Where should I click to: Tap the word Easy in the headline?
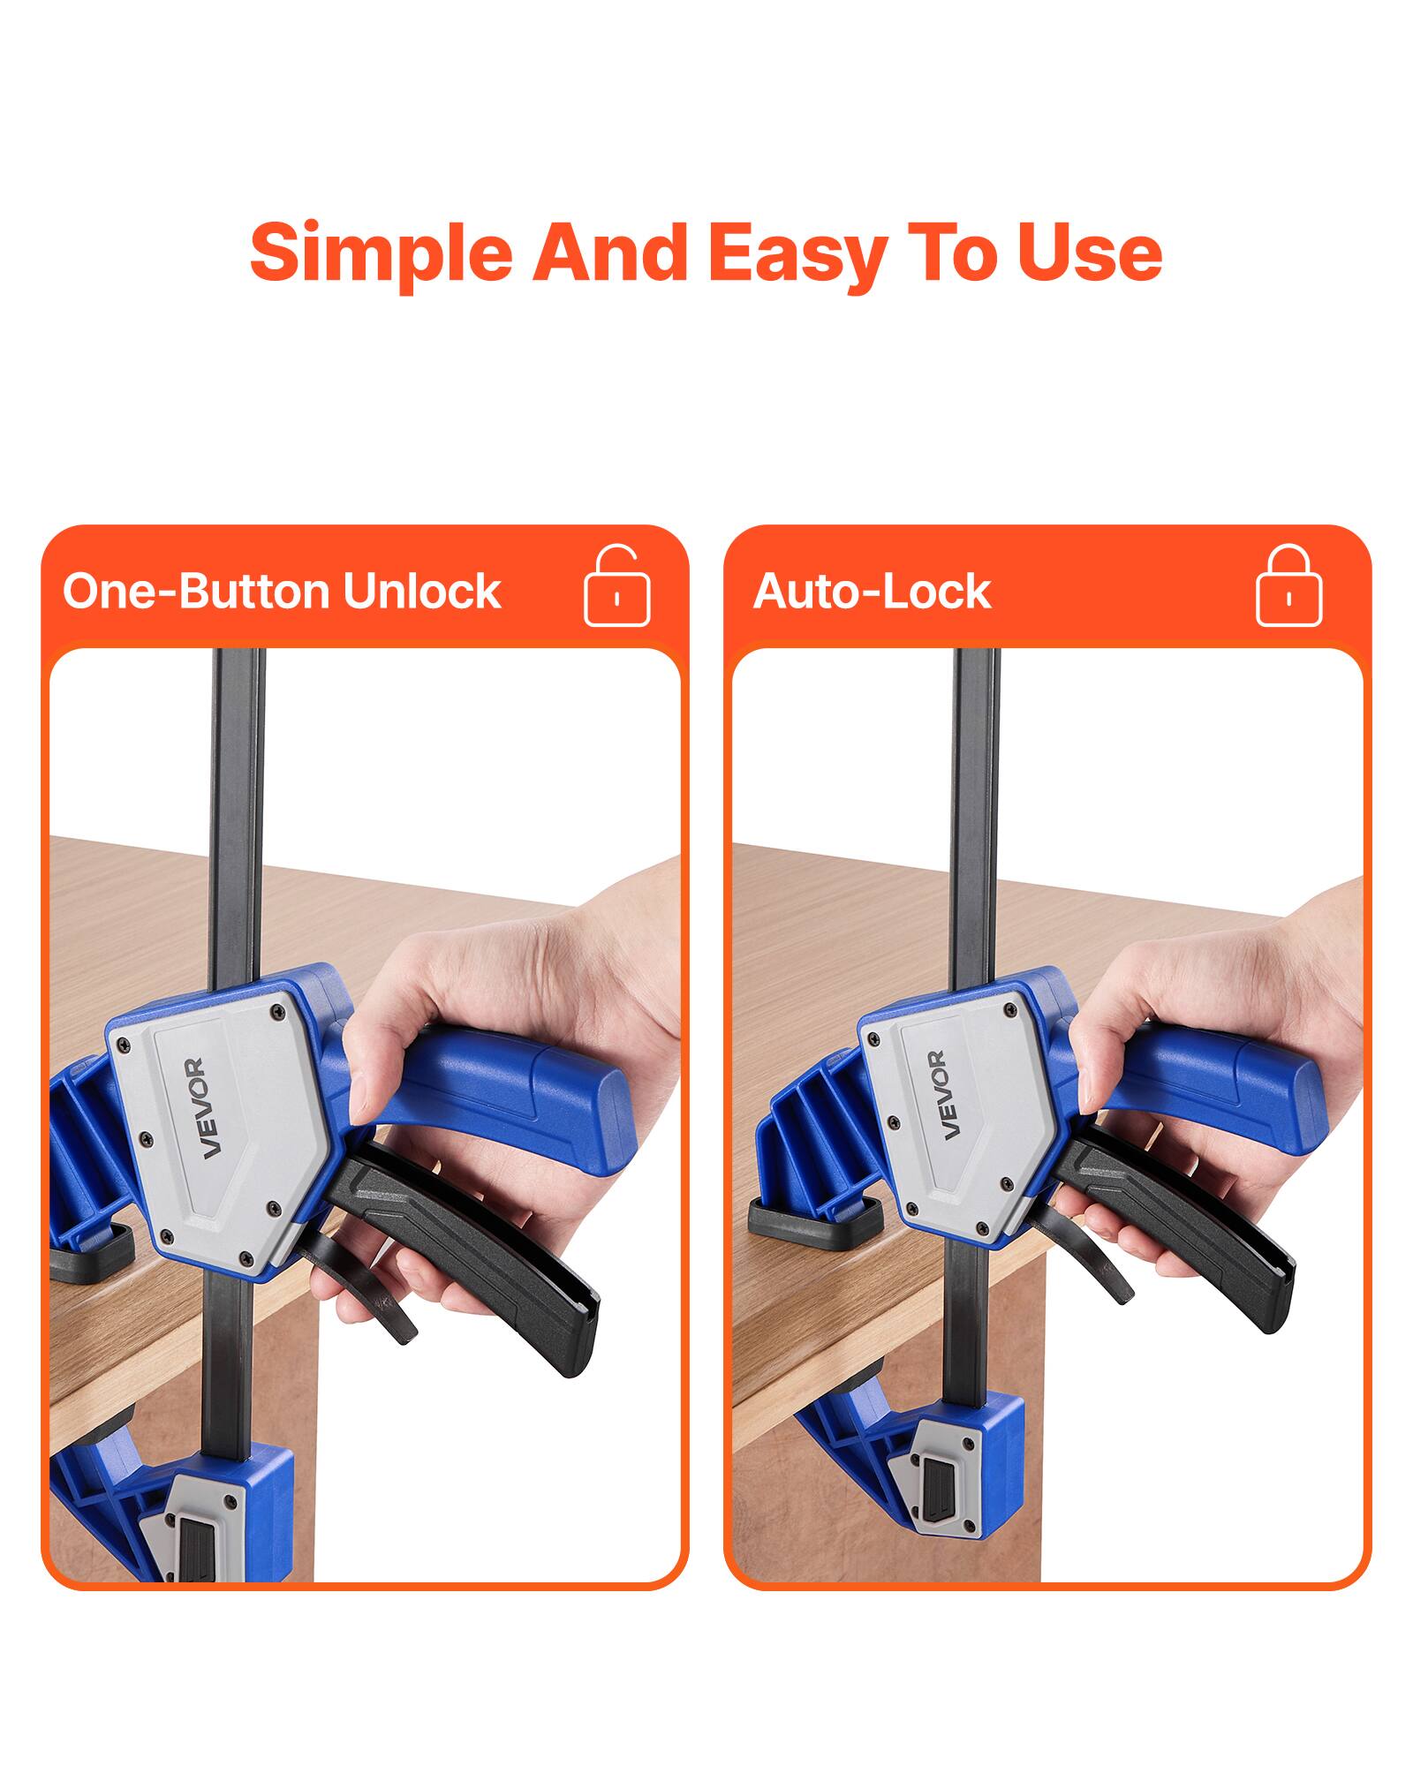(797, 253)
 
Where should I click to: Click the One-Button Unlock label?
(282, 591)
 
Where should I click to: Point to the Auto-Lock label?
(872, 591)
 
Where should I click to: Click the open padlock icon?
(616, 587)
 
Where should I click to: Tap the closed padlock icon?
(1288, 587)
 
